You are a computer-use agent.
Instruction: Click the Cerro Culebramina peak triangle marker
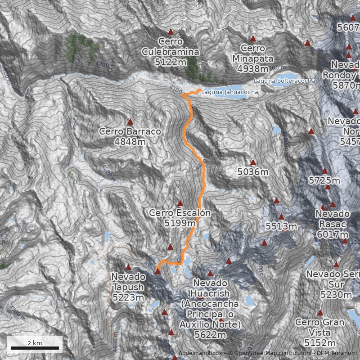(171, 32)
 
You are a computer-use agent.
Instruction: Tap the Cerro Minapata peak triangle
(253, 39)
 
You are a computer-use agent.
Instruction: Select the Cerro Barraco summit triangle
(130, 122)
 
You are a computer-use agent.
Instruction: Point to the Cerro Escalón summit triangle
(180, 203)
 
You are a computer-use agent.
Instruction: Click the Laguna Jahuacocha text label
(230, 92)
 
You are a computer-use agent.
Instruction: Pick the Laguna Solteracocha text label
(284, 81)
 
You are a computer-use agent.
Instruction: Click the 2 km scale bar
(35, 348)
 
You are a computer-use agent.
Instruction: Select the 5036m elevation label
(253, 172)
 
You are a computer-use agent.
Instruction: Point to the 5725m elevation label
(324, 180)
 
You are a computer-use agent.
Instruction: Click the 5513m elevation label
(281, 226)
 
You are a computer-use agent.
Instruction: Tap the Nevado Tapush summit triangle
(128, 267)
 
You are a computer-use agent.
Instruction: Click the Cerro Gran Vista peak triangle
(320, 313)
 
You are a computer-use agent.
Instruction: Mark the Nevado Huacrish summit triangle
(210, 273)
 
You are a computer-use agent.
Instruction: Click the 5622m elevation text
(210, 335)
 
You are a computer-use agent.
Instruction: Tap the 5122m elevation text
(171, 62)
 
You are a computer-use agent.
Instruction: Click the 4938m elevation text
(253, 68)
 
